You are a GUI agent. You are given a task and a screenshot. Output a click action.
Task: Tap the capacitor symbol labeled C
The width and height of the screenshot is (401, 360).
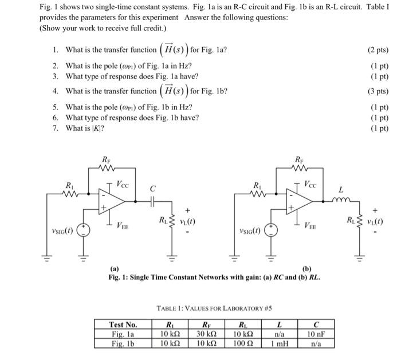(x=152, y=202)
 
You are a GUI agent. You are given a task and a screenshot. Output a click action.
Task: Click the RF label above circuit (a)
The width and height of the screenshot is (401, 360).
(x=105, y=159)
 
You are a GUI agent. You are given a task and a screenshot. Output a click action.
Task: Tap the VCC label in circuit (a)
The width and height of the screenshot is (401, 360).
(x=123, y=185)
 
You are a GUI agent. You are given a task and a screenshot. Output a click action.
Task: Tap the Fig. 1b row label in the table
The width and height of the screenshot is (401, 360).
(x=123, y=344)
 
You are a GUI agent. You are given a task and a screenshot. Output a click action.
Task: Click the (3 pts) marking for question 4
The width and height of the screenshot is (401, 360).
(x=376, y=91)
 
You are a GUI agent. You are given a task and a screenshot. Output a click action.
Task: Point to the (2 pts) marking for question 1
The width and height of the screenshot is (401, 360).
(x=376, y=50)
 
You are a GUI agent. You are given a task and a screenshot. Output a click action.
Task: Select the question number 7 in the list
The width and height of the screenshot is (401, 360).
(x=55, y=128)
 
